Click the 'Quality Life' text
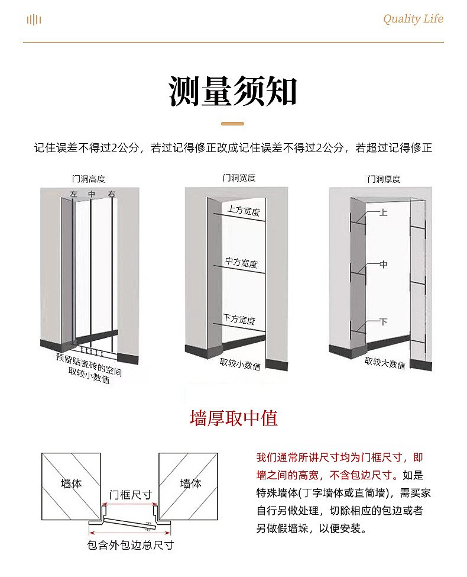[413, 19]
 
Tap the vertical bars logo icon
[34, 20]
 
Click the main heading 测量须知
[233, 91]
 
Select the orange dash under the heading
[232, 124]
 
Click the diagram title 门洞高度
[88, 179]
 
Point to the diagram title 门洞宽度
[239, 178]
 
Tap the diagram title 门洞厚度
[384, 179]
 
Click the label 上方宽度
[244, 211]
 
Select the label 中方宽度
[241, 263]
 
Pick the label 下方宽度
[239, 320]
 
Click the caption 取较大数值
[385, 363]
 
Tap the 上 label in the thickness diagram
[383, 212]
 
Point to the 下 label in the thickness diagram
[383, 322]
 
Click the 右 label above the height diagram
[112, 194]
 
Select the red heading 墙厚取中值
[234, 418]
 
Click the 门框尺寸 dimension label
[131, 495]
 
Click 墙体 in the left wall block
[71, 483]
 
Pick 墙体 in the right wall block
[190, 483]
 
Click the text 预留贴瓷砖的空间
[89, 364]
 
